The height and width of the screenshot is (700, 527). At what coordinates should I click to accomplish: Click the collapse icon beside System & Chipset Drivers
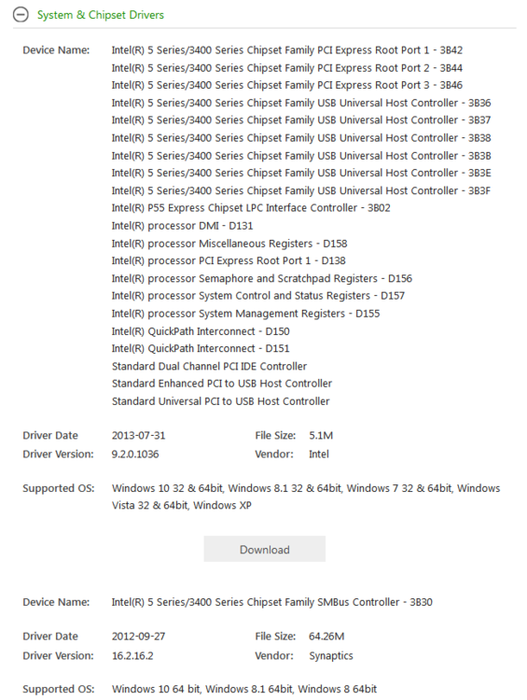point(21,15)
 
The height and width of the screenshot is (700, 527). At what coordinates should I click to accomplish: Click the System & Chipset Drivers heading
point(100,15)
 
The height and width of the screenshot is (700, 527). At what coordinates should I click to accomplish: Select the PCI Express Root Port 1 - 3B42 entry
point(286,50)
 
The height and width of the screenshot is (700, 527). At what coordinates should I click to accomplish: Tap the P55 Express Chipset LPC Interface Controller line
point(250,208)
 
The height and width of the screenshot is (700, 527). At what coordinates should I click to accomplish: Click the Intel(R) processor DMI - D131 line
point(182,226)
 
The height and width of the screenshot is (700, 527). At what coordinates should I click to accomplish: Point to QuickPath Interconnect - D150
point(201,331)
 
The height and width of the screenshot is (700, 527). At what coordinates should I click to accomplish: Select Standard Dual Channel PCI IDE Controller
point(209,366)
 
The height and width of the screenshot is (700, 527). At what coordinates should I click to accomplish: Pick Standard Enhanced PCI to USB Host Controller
point(221,384)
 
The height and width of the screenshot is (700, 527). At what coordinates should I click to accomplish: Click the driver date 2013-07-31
point(138,436)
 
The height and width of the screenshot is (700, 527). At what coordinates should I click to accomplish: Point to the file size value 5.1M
point(322,436)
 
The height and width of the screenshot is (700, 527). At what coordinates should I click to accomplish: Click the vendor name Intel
point(319,455)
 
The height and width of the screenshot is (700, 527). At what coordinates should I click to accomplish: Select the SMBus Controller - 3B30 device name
point(271,602)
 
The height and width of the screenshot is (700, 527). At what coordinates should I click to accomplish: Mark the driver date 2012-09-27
point(138,637)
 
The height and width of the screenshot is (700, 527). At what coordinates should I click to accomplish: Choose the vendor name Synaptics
point(330,655)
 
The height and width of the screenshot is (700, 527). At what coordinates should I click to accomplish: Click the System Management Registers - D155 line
point(245,314)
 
